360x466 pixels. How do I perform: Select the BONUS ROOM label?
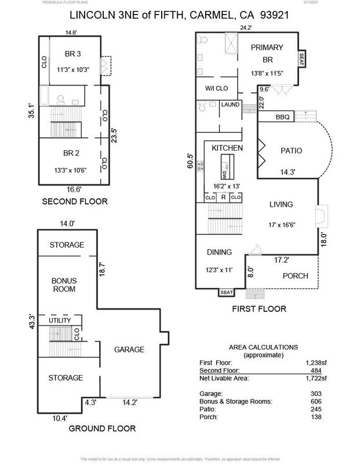pos(65,285)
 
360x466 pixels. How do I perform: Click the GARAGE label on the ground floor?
pos(129,349)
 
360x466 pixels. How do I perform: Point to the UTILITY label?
pos(60,321)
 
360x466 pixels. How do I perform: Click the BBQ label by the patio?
pos(282,117)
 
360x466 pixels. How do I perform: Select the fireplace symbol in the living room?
pos(319,217)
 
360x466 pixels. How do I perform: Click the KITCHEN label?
pos(227,148)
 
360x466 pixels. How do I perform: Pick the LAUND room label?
pos(230,105)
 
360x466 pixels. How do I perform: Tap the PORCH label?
pos(294,276)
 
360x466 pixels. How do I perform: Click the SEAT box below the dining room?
pos(226,293)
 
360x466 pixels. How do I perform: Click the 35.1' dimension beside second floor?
pos(32,111)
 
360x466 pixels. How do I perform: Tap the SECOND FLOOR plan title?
pos(74,202)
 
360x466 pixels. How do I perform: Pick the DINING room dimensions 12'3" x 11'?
pos(219,270)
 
